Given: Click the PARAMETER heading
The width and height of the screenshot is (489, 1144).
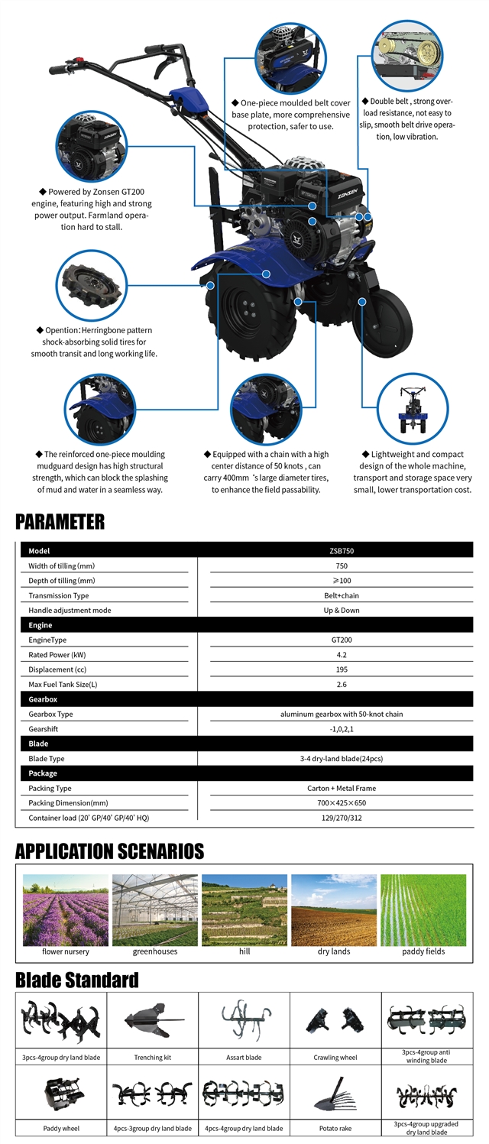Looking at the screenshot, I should (x=60, y=522).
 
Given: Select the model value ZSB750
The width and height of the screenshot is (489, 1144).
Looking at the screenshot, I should (x=341, y=551).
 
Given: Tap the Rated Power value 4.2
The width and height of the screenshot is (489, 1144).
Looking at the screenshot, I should (x=341, y=655).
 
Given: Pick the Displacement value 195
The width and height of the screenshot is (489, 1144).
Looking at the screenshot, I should (x=341, y=669).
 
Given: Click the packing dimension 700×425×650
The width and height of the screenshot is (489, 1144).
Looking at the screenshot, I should (x=341, y=803).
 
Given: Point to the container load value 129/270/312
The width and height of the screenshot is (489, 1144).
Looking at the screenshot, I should (x=341, y=818).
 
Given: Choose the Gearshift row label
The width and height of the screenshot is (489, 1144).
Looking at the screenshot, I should (x=44, y=729).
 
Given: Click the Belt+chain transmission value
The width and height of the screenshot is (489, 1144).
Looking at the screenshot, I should (x=341, y=595).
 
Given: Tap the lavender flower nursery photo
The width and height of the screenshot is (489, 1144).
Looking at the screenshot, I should (x=66, y=909).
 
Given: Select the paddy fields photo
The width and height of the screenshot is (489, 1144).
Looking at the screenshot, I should (x=423, y=909).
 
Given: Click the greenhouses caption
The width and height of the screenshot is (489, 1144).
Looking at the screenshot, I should (x=155, y=951).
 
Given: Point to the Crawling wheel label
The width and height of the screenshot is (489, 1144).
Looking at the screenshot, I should (x=335, y=1058).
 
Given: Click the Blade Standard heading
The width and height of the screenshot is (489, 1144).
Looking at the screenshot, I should (x=77, y=980).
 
